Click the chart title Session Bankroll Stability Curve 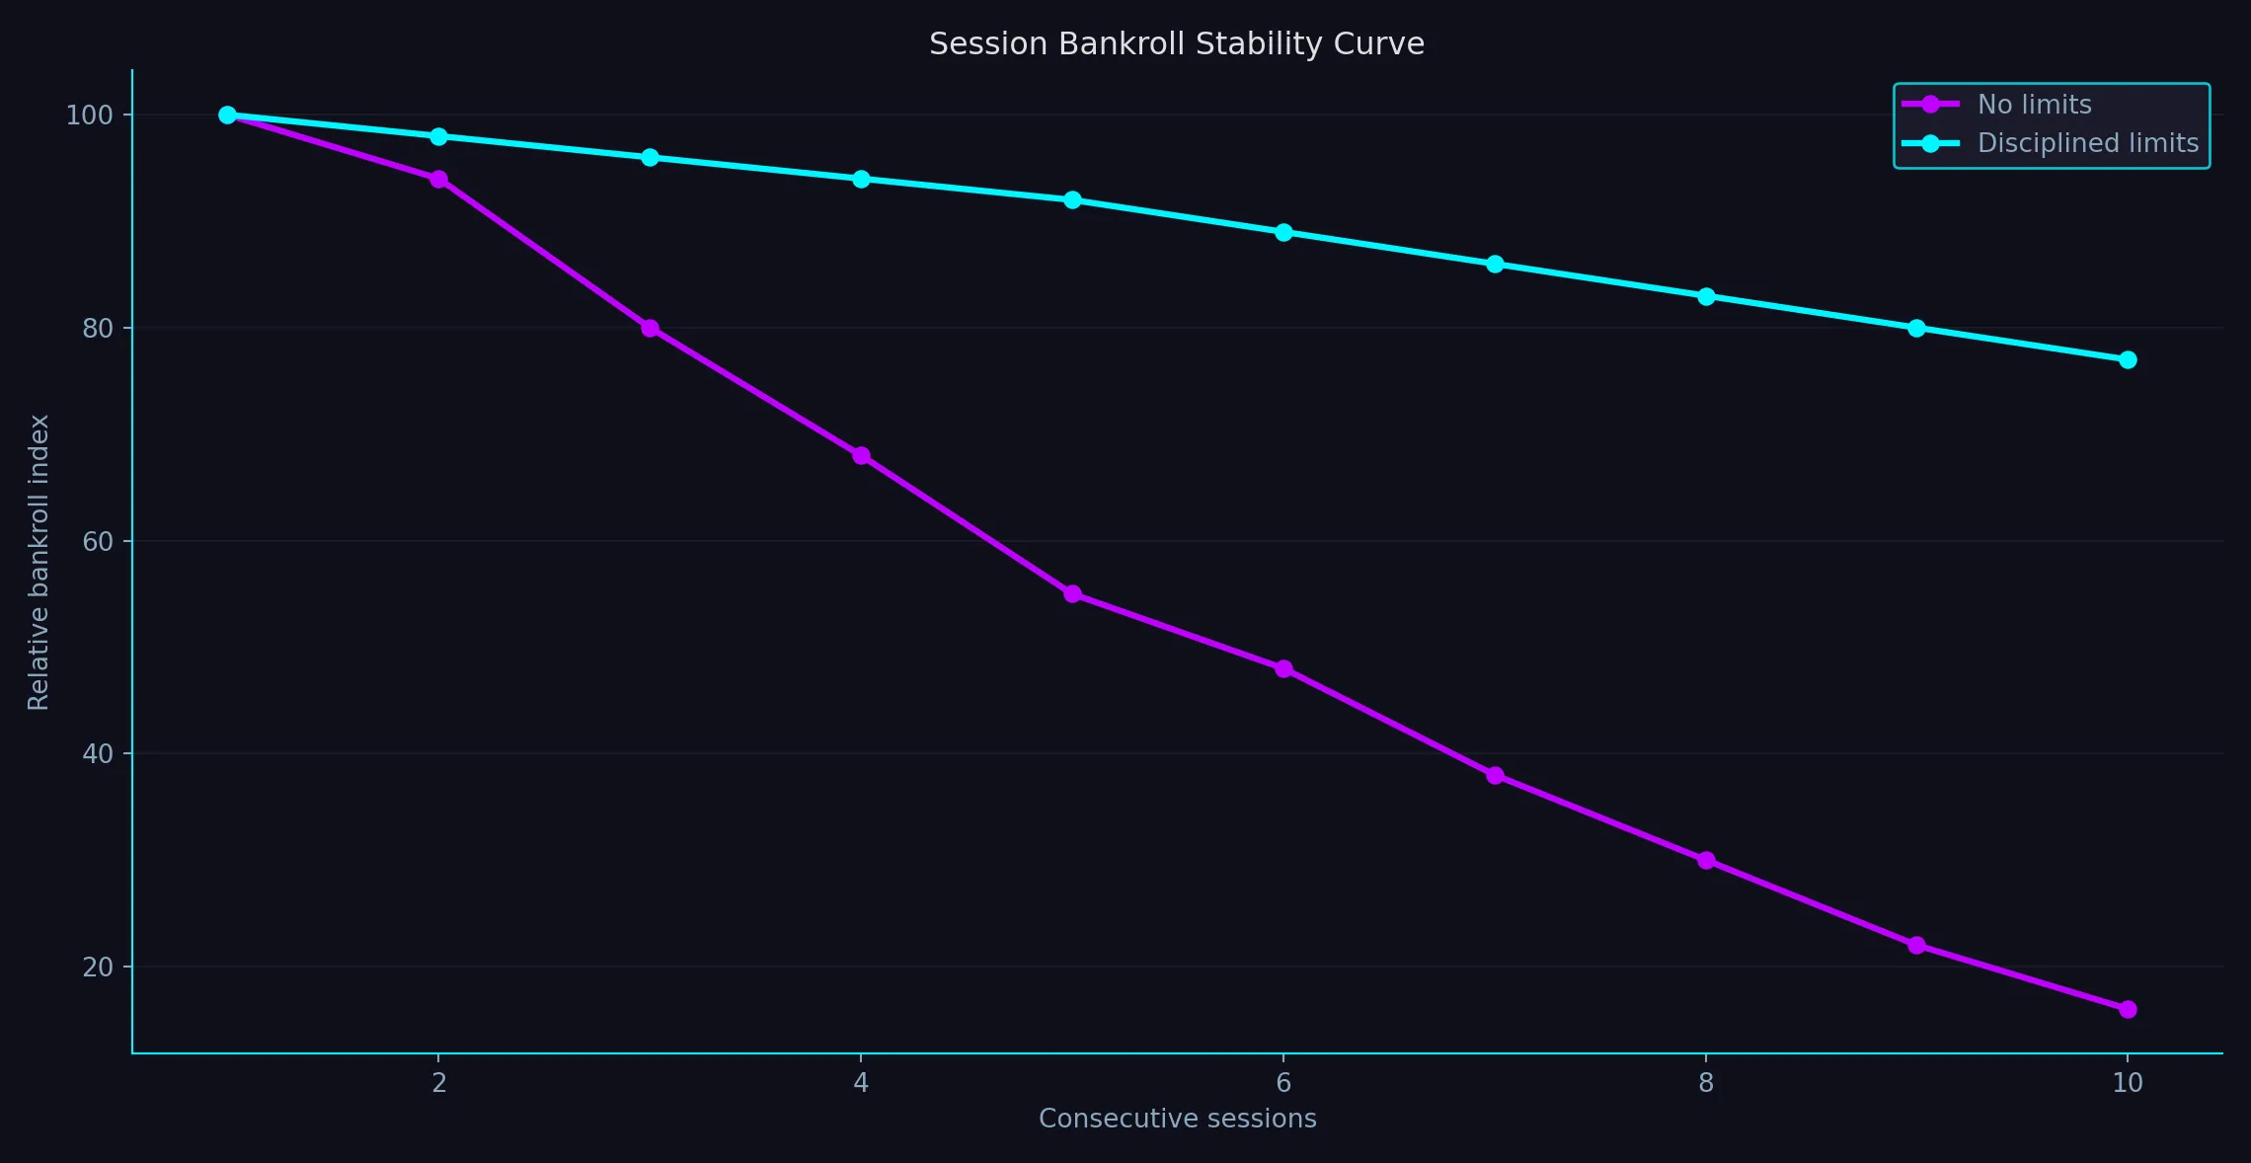[x=1176, y=44]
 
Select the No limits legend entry [x=2034, y=105]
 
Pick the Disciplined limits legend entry [x=2087, y=143]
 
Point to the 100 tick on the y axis [x=89, y=116]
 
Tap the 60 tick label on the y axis [x=98, y=541]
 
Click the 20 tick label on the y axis [x=98, y=968]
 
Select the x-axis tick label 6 [x=1283, y=1083]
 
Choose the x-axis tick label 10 [x=2128, y=1083]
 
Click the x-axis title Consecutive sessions [x=1177, y=1119]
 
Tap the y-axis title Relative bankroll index [x=39, y=562]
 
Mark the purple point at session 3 [x=650, y=328]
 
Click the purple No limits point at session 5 [x=1072, y=593]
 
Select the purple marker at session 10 [x=2128, y=1009]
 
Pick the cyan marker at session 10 [x=2128, y=359]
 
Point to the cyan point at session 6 [x=1283, y=233]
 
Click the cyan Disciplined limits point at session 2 [x=438, y=136]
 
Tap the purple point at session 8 [x=1706, y=860]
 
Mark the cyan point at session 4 [x=861, y=179]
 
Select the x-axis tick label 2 [x=438, y=1083]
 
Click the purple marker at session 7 [x=1495, y=775]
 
